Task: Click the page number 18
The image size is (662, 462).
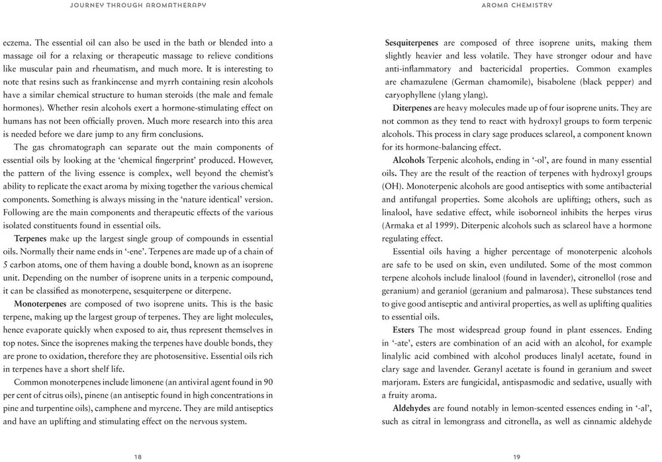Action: click(x=138, y=455)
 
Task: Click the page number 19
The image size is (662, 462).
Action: click(x=516, y=455)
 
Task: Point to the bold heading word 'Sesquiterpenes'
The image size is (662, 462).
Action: click(x=413, y=43)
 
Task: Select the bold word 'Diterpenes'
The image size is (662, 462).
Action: click(x=416, y=108)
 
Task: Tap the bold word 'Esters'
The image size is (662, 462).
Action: click(x=404, y=330)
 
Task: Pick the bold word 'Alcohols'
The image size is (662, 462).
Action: click(x=408, y=161)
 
